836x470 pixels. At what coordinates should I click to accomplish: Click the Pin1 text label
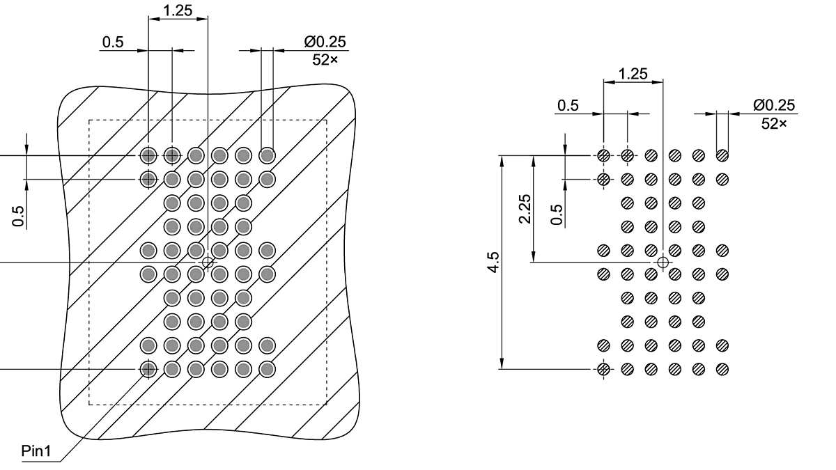[36, 451]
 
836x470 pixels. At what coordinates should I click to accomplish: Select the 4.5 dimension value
[493, 263]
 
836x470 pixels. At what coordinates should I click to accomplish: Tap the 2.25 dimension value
[525, 208]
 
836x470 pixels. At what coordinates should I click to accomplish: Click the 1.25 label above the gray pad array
[178, 10]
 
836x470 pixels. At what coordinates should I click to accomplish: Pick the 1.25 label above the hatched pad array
[633, 74]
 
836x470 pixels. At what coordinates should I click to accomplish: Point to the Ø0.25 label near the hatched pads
[774, 106]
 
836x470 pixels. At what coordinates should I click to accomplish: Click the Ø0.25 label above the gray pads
[325, 42]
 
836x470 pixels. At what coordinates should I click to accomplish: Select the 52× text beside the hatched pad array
[774, 123]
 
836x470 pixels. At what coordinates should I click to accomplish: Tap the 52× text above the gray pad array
[325, 60]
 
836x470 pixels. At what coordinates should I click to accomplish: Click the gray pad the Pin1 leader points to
[148, 368]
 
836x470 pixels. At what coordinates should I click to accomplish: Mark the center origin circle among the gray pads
[208, 262]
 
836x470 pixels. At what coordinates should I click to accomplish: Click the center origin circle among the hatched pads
[663, 262]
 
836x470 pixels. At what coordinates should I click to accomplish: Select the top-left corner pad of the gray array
[148, 155]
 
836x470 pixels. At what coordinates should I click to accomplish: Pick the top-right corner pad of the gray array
[267, 155]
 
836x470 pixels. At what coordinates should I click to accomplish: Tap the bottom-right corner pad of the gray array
[267, 368]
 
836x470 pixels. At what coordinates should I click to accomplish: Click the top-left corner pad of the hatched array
[604, 155]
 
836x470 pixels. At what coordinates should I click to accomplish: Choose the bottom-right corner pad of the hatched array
[722, 368]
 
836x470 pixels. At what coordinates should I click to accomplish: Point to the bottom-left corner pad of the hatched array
[604, 368]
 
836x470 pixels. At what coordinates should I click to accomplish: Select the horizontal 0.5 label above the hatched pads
[568, 105]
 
